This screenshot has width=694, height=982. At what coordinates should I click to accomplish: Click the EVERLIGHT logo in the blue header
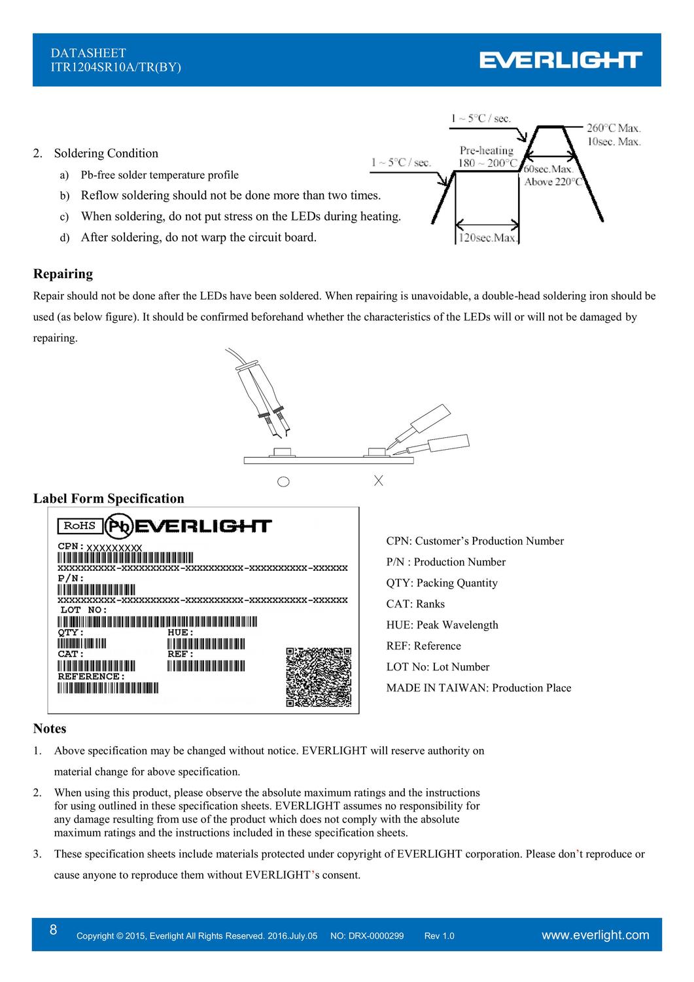click(561, 60)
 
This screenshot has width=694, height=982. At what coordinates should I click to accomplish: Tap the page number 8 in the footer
click(53, 930)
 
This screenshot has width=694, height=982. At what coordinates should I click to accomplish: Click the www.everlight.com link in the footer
click(596, 935)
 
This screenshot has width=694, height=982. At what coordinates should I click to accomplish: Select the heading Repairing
click(63, 274)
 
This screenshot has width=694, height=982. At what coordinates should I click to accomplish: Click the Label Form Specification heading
click(109, 498)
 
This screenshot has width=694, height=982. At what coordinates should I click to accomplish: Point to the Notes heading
click(50, 729)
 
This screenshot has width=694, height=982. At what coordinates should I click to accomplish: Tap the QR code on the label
click(319, 677)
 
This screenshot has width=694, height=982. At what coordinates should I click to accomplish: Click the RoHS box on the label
click(79, 525)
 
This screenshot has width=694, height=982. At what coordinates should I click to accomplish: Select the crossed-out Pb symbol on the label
click(120, 526)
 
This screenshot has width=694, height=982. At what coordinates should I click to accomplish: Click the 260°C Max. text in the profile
click(613, 128)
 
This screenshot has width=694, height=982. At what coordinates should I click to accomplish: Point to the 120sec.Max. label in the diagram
click(488, 238)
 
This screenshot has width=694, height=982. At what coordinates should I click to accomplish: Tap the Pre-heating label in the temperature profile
click(487, 151)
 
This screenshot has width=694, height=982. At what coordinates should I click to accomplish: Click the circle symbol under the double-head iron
click(283, 482)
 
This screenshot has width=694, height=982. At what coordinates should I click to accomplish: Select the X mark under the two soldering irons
click(378, 481)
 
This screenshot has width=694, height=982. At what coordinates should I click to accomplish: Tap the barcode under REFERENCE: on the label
click(108, 688)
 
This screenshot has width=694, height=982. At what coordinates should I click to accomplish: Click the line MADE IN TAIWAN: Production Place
click(478, 687)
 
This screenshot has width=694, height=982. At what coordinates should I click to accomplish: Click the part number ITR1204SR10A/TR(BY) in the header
click(116, 67)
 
